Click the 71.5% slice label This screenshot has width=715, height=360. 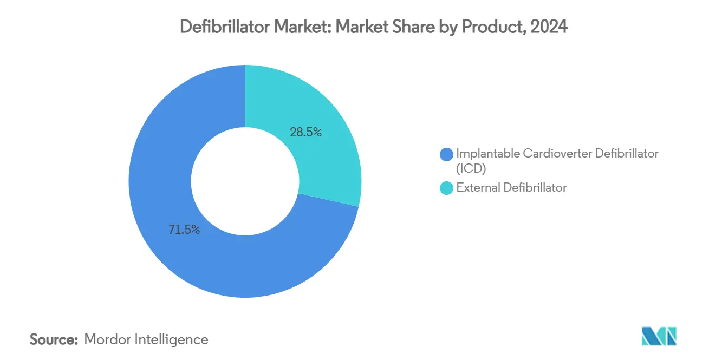pos(184,230)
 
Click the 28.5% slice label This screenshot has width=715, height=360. pos(306,132)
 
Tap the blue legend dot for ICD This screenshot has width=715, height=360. pos(446,154)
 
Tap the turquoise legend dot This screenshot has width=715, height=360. pos(446,188)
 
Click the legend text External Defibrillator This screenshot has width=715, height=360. pos(511,188)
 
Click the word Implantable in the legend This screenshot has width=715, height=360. pos(488,154)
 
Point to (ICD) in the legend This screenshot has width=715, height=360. pos(471,168)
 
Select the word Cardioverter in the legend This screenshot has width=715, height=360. pos(558,154)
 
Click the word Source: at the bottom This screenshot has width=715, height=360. pos(54,340)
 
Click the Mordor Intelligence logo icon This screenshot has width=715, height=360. pos(659,336)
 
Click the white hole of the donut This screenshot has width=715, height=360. pos(245,181)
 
